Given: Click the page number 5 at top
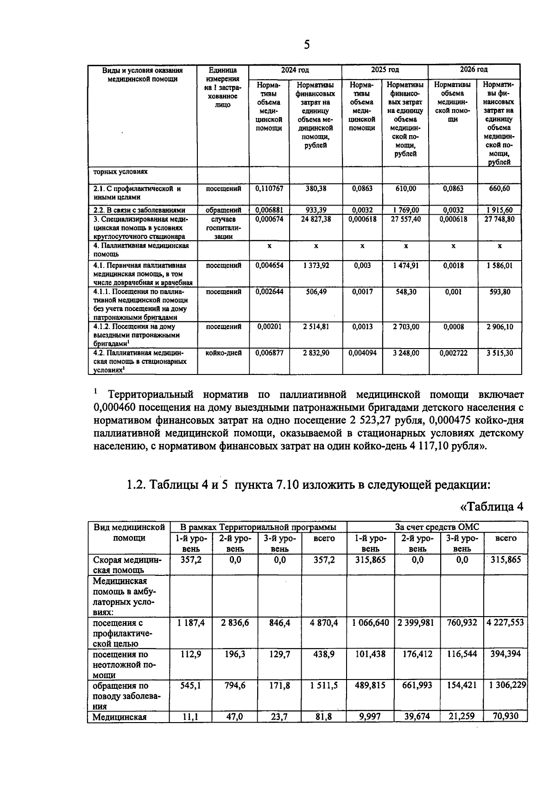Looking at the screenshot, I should [x=306, y=44].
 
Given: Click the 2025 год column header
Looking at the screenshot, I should [x=385, y=70].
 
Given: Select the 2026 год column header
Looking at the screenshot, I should [x=473, y=70].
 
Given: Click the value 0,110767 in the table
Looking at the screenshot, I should [x=269, y=189].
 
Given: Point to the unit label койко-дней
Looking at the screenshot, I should [x=223, y=353].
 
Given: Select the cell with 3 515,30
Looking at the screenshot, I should [x=499, y=353].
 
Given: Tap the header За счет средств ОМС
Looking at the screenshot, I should [x=437, y=527].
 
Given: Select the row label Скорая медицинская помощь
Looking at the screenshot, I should [x=127, y=565].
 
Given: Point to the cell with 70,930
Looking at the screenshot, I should [x=505, y=717].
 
